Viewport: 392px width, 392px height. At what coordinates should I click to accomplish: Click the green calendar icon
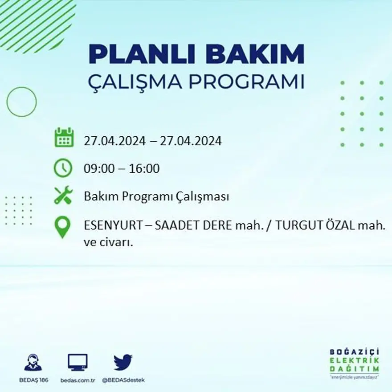tap(64, 138)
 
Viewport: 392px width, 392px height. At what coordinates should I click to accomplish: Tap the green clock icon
tap(63, 168)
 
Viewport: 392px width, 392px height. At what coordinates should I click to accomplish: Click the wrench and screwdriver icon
tap(63, 195)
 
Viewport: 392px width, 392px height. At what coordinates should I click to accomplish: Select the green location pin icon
tap(63, 226)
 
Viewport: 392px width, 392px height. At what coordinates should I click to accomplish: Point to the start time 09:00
tap(98, 169)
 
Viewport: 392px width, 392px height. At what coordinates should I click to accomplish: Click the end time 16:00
tap(145, 169)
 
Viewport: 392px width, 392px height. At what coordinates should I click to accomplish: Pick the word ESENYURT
tap(114, 226)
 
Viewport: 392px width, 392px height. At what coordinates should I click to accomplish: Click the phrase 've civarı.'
tap(109, 243)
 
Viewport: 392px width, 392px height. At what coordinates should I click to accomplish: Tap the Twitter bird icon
tap(123, 362)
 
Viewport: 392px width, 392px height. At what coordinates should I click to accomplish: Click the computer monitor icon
tap(78, 362)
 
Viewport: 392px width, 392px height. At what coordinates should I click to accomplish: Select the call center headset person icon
tap(33, 363)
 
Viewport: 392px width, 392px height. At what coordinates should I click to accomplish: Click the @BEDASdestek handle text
tap(123, 380)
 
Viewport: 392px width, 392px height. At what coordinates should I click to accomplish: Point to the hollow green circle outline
tap(21, 102)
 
